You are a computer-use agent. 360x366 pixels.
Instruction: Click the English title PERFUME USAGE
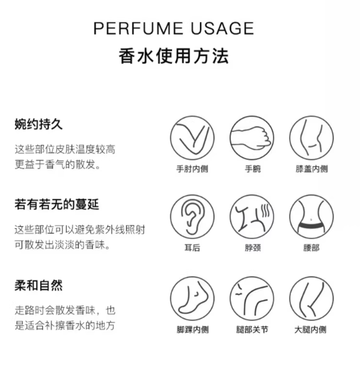pyautogui.click(x=173, y=28)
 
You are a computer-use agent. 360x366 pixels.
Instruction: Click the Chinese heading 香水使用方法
pyautogui.click(x=173, y=56)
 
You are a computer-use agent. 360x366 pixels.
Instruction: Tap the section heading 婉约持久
pyautogui.click(x=39, y=124)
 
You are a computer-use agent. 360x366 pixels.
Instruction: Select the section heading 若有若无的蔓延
pyautogui.click(x=57, y=204)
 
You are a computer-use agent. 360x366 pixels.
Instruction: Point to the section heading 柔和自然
pyautogui.click(x=39, y=286)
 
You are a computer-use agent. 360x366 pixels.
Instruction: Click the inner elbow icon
pyautogui.click(x=192, y=138)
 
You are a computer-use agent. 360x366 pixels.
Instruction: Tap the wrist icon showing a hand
pyautogui.click(x=252, y=138)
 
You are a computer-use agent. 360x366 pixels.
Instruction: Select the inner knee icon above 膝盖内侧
pyautogui.click(x=312, y=138)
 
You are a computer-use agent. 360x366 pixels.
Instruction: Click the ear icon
pyautogui.click(x=192, y=217)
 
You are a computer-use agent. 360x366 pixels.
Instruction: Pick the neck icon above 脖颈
pyautogui.click(x=252, y=217)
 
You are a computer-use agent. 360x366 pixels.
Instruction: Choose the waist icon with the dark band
pyautogui.click(x=312, y=217)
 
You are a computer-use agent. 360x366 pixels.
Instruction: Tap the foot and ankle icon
pyautogui.click(x=192, y=299)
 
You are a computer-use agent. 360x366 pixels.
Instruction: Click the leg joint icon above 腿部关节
pyautogui.click(x=252, y=299)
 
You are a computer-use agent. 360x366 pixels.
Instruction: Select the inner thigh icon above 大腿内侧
pyautogui.click(x=312, y=299)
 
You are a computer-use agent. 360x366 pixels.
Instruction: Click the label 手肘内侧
pyautogui.click(x=192, y=169)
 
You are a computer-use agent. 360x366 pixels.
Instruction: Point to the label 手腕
pyautogui.click(x=253, y=169)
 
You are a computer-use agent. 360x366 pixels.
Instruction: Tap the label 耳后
pyautogui.click(x=192, y=248)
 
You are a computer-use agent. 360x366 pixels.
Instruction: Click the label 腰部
pyautogui.click(x=311, y=248)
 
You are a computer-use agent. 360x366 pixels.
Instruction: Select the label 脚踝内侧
pyautogui.click(x=193, y=330)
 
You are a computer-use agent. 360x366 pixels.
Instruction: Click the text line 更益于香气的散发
pyautogui.click(x=57, y=164)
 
